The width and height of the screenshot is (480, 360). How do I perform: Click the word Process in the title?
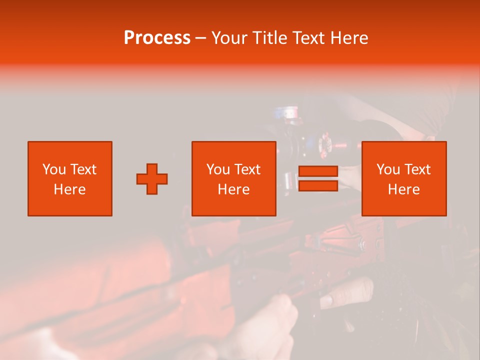pos(157,38)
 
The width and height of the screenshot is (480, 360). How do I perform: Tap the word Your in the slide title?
pos(229,38)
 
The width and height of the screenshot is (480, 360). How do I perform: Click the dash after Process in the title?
pos(201,38)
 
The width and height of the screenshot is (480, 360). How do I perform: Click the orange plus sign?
pos(152,178)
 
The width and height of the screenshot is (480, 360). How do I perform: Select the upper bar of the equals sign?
pos(318,171)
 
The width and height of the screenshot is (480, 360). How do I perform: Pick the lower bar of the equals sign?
pos(318,185)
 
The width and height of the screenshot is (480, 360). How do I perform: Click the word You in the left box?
pos(53,169)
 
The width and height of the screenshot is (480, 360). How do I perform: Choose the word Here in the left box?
pos(69,189)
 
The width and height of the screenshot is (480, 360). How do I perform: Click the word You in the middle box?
pos(218,169)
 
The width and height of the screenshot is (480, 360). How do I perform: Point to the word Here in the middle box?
pos(233,189)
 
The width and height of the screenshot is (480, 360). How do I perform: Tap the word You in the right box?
pos(388,169)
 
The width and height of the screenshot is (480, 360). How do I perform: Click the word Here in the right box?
pos(403,189)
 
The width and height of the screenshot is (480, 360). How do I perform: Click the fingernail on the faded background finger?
pos(326,300)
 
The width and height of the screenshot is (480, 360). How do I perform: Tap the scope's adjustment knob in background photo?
pos(327,142)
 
